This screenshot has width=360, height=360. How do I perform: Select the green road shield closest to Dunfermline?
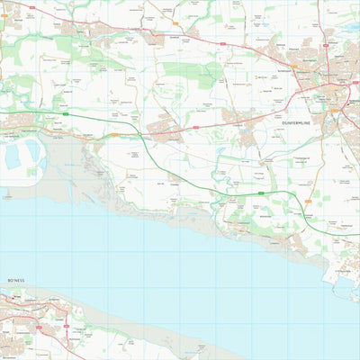[x=261, y=192]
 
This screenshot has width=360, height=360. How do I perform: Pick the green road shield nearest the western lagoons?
[x=67, y=114]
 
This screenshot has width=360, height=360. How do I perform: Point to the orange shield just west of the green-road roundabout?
[x=114, y=135]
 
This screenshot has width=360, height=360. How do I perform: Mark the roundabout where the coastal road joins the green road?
[x=144, y=137]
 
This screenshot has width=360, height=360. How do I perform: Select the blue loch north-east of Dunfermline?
[x=348, y=27]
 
